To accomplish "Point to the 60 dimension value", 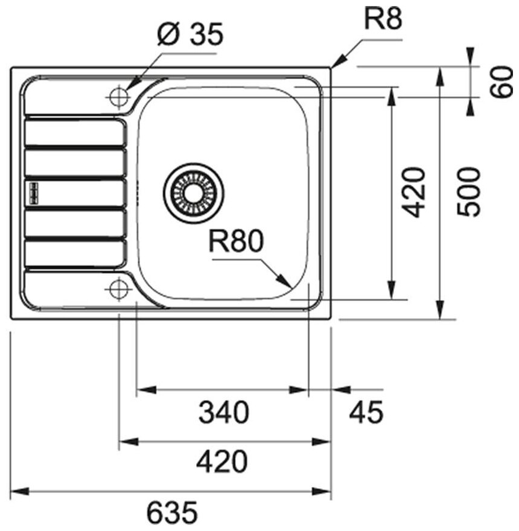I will coord(500,83).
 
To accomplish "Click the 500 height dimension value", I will coord(469,192).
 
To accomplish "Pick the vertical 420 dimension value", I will coord(415,192).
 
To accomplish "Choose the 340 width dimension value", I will coord(223,413).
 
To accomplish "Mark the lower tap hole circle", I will coord(118,289).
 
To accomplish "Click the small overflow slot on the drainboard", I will coord(32,192).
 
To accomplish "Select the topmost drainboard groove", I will coord(74,132).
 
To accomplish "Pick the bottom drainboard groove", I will coord(74,253).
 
